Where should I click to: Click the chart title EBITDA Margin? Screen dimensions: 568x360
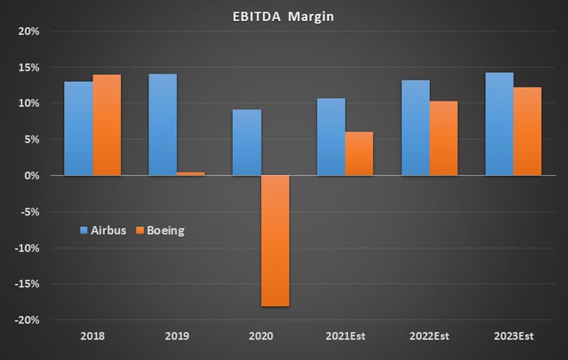point(283,17)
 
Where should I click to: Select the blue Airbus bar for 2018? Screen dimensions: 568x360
point(79,128)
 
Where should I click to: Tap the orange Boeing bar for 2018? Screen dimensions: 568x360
point(107,125)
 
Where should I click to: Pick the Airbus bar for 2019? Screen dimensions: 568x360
point(162,125)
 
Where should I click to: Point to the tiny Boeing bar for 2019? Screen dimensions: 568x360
point(191,174)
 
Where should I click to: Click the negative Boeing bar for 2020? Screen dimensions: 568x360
point(275,241)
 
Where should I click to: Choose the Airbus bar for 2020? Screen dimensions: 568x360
point(247,143)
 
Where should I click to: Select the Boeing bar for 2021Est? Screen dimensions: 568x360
point(359,153)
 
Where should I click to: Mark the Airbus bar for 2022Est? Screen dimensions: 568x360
point(415,128)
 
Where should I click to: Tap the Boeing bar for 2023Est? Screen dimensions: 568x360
point(527,131)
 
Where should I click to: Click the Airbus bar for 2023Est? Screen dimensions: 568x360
point(500,124)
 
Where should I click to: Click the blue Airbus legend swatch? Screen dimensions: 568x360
point(84,230)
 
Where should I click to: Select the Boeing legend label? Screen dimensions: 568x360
point(166,230)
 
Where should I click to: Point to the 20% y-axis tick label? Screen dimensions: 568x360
point(29,32)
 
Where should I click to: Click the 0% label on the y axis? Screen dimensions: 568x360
point(32,176)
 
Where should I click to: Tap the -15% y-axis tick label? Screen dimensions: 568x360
point(27,284)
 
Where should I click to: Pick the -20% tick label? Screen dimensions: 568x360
point(27,320)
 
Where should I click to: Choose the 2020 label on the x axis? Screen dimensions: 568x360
point(260,336)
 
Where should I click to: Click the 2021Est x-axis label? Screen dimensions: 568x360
point(345,336)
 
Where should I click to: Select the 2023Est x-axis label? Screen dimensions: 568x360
point(514,336)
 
